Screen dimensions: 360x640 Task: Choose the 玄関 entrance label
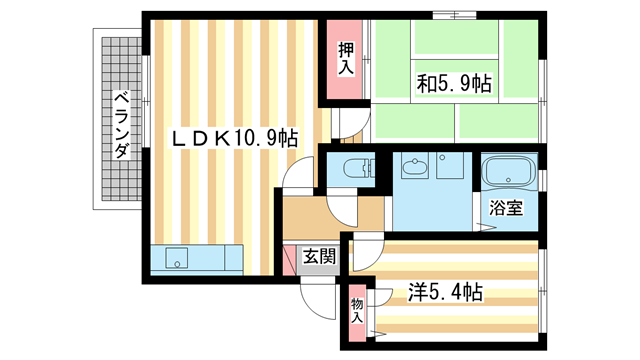coord(320,257)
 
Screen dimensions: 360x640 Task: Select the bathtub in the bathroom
coord(508,172)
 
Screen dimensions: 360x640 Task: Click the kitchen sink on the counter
coord(176,259)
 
